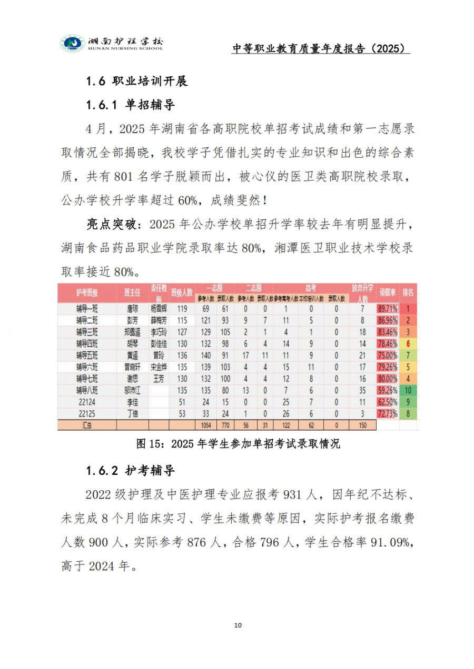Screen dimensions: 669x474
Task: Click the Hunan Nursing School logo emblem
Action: coord(72,43)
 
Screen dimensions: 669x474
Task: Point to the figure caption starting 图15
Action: coord(238,444)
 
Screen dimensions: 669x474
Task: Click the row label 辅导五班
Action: coord(87,355)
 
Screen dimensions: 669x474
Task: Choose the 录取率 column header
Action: coord(388,292)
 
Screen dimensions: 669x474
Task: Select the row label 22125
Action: coord(87,413)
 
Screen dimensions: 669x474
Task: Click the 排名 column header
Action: coord(408,292)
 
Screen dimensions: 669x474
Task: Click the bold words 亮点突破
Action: coord(110,225)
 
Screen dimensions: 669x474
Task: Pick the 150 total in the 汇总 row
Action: coord(362,424)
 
